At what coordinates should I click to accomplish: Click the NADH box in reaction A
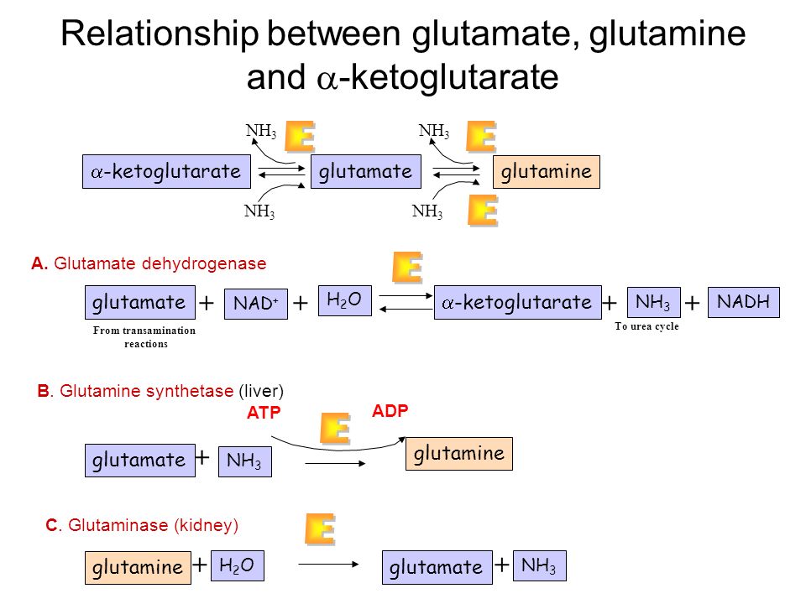(743, 302)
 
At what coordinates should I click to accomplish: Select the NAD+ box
(256, 304)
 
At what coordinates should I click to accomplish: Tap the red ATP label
(264, 413)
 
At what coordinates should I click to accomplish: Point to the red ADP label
(390, 411)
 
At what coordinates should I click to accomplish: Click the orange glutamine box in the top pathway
(547, 171)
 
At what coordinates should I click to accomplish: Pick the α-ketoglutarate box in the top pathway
(166, 171)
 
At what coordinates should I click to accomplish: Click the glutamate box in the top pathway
(366, 171)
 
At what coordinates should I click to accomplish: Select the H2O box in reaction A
(345, 300)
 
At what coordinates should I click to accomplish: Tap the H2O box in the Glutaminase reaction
(238, 565)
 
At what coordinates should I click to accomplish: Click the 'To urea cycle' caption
(646, 326)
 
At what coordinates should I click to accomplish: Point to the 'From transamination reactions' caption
(144, 337)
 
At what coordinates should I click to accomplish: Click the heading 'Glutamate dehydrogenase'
(160, 263)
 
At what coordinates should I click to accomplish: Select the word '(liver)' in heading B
(261, 391)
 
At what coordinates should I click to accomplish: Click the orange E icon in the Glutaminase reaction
(320, 529)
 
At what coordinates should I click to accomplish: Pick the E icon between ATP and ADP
(335, 429)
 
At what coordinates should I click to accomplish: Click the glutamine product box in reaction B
(459, 454)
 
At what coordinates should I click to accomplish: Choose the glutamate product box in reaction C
(437, 567)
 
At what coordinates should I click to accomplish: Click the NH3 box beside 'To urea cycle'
(654, 302)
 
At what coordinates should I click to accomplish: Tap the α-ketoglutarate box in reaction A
(518, 303)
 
